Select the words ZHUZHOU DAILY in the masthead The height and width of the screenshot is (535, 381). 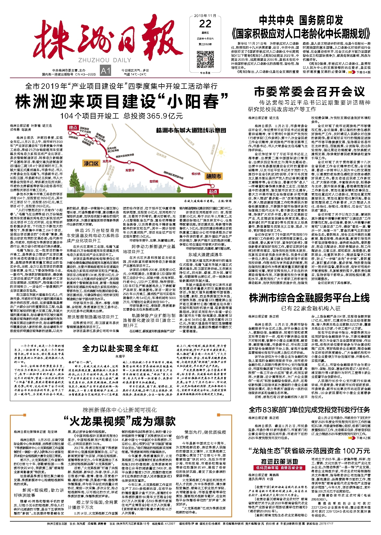click(x=105, y=60)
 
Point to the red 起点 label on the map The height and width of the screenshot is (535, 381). click(x=213, y=191)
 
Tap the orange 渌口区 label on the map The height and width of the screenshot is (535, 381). click(x=91, y=163)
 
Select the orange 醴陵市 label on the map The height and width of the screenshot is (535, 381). click(x=214, y=176)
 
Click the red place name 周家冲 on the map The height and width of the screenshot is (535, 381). click(x=130, y=170)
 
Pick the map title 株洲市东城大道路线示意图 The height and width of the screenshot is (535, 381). click(x=191, y=130)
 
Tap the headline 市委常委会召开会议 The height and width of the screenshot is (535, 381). click(x=309, y=92)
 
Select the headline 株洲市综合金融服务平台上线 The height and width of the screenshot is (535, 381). click(x=309, y=298)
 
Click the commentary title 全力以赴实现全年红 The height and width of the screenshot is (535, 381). click(x=120, y=348)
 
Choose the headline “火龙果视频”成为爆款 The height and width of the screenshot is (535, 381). click(x=120, y=421)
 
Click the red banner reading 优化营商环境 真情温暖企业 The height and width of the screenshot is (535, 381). click(x=280, y=468)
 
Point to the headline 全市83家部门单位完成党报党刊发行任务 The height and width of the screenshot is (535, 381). click(x=309, y=410)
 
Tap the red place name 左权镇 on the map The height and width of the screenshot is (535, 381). click(x=154, y=182)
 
